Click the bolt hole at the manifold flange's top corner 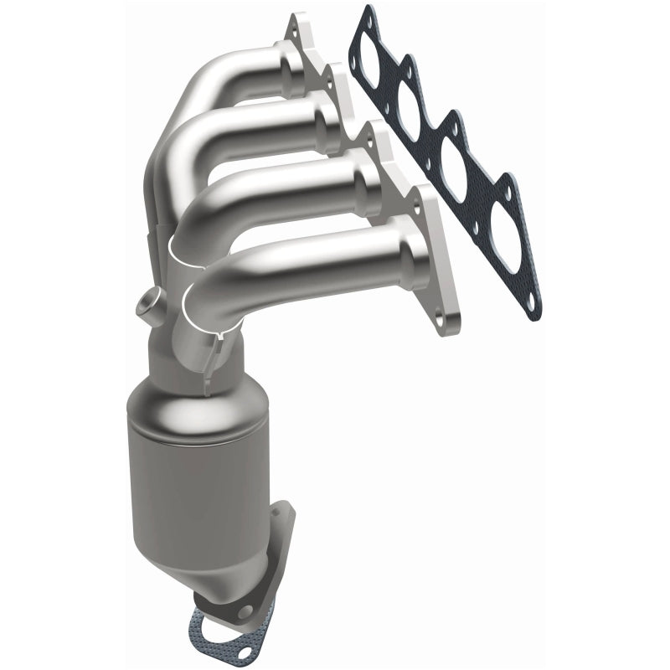tap(295, 20)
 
